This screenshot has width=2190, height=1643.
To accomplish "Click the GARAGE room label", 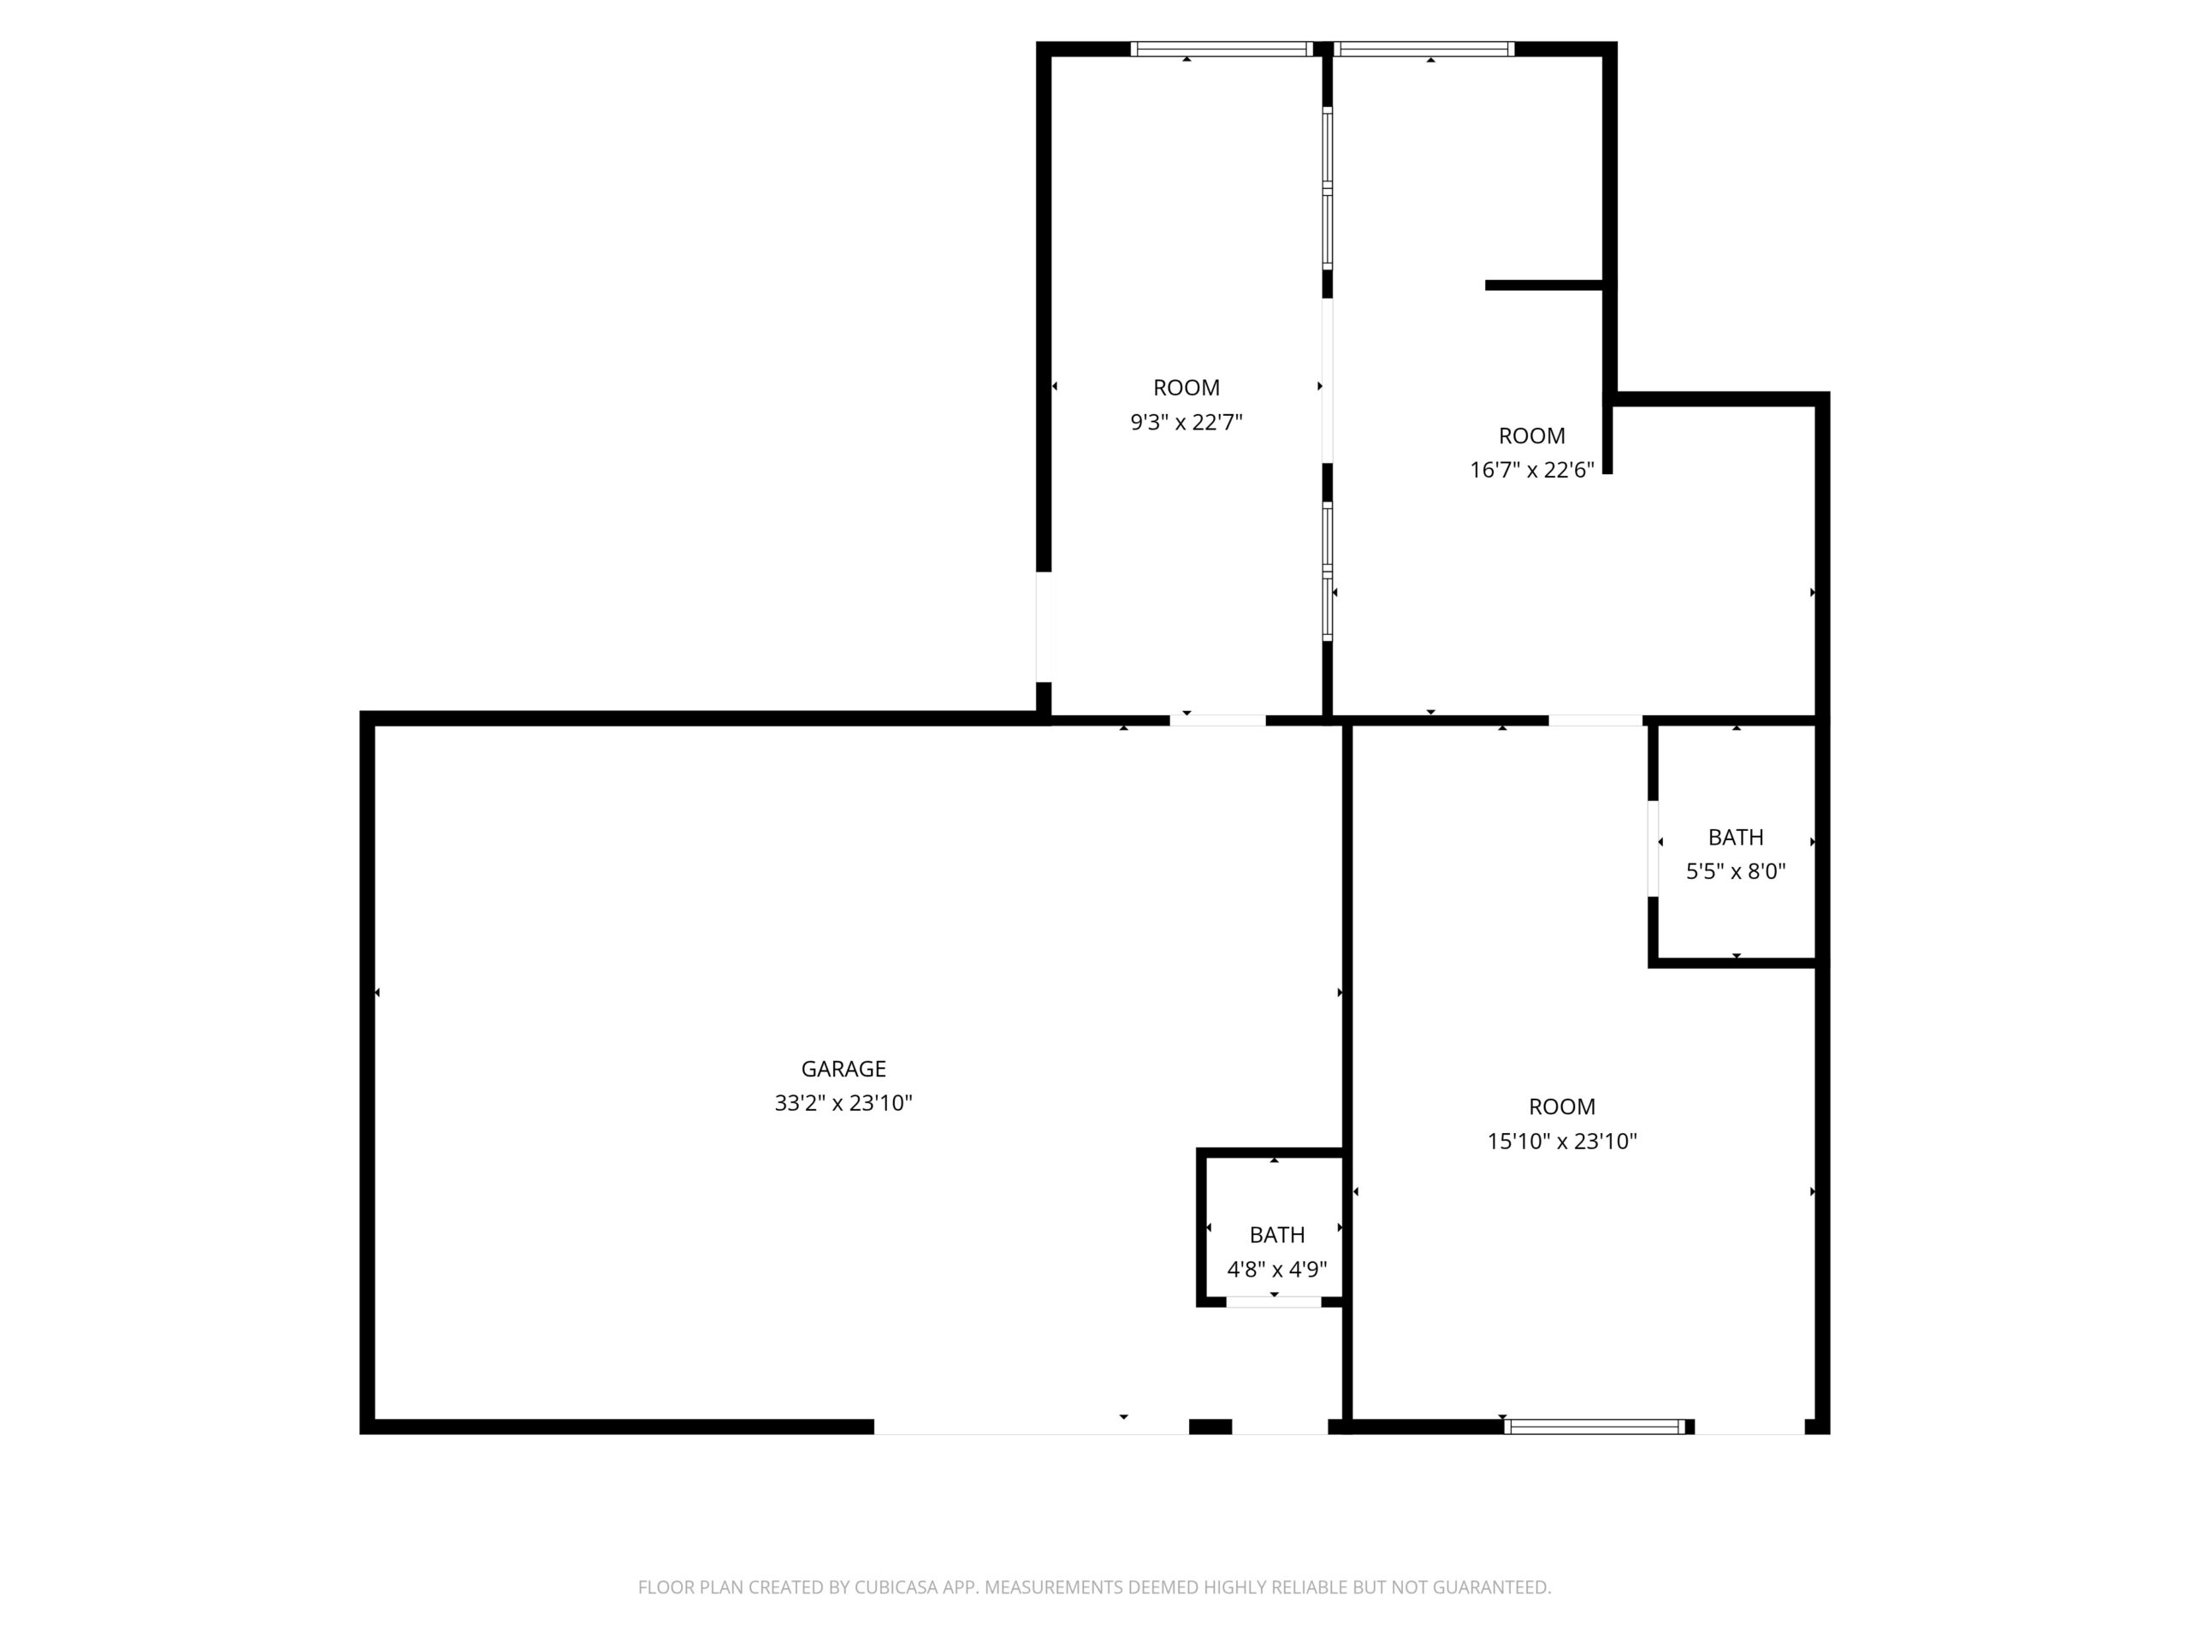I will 843,1069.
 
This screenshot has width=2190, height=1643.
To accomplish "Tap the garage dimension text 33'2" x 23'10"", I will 843,1103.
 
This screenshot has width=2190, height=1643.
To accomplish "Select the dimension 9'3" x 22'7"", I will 1186,423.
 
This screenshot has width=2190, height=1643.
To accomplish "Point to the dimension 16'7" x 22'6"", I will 1531,471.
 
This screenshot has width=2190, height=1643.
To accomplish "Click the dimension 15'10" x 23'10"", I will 1561,1141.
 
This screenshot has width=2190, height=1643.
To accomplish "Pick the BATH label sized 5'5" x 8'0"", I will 1736,838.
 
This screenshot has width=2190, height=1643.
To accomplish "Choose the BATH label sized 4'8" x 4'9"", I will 1276,1235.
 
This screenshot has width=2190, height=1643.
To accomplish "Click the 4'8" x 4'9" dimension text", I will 1276,1270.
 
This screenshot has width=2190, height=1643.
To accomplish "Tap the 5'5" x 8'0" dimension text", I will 1736,871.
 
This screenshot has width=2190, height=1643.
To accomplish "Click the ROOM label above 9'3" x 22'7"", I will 1186,389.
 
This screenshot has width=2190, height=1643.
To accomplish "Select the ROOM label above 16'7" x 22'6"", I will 1531,436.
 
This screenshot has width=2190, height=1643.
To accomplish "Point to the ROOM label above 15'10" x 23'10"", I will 1561,1106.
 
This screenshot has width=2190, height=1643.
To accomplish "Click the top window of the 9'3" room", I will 1222,49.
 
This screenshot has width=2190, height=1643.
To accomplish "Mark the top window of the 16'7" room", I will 1423,49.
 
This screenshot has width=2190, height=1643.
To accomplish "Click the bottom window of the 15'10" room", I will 1594,1427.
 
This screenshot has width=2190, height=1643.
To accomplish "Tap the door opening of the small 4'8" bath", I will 1273,1302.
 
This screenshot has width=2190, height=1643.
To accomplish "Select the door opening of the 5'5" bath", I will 1653,849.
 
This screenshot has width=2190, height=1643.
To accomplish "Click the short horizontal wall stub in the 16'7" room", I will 1543,285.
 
